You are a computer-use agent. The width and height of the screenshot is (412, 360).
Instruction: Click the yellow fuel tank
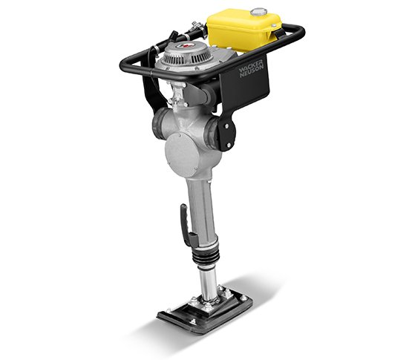(x=243, y=30)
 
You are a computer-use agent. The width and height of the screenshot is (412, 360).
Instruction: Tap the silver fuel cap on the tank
(x=258, y=12)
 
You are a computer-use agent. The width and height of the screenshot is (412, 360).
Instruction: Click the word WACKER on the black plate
(x=250, y=67)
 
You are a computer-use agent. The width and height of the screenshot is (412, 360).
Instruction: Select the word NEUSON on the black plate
(x=252, y=71)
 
